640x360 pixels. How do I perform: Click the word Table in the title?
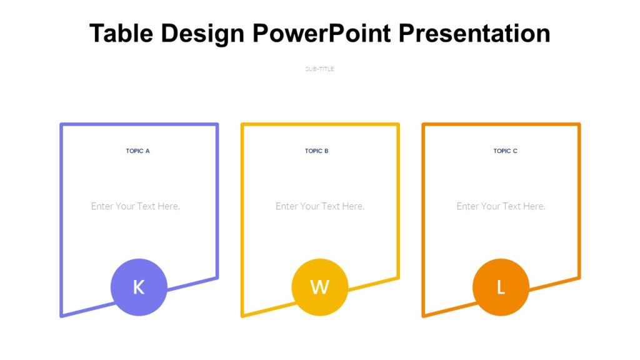(122, 33)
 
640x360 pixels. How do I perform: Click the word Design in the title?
(202, 33)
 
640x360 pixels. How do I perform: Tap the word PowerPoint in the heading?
(321, 33)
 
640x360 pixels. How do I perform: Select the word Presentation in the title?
(474, 33)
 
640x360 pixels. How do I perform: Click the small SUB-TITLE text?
(319, 69)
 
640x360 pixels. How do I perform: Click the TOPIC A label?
(137, 151)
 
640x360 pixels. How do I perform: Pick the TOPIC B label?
(317, 151)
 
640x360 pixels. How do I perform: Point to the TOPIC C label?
(505, 151)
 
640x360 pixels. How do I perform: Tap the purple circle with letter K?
(139, 287)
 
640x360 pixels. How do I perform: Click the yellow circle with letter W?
(319, 287)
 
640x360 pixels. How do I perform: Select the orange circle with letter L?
(501, 287)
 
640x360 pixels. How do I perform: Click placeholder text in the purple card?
(136, 206)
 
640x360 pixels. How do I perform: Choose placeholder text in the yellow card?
(320, 206)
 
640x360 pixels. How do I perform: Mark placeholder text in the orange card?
(501, 206)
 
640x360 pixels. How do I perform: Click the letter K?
(139, 287)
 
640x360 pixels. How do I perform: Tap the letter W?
(319, 287)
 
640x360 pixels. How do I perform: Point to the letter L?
(501, 287)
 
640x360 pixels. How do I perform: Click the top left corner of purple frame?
(61, 125)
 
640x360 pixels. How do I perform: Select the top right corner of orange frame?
(579, 125)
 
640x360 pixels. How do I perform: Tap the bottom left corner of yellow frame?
(242, 315)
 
